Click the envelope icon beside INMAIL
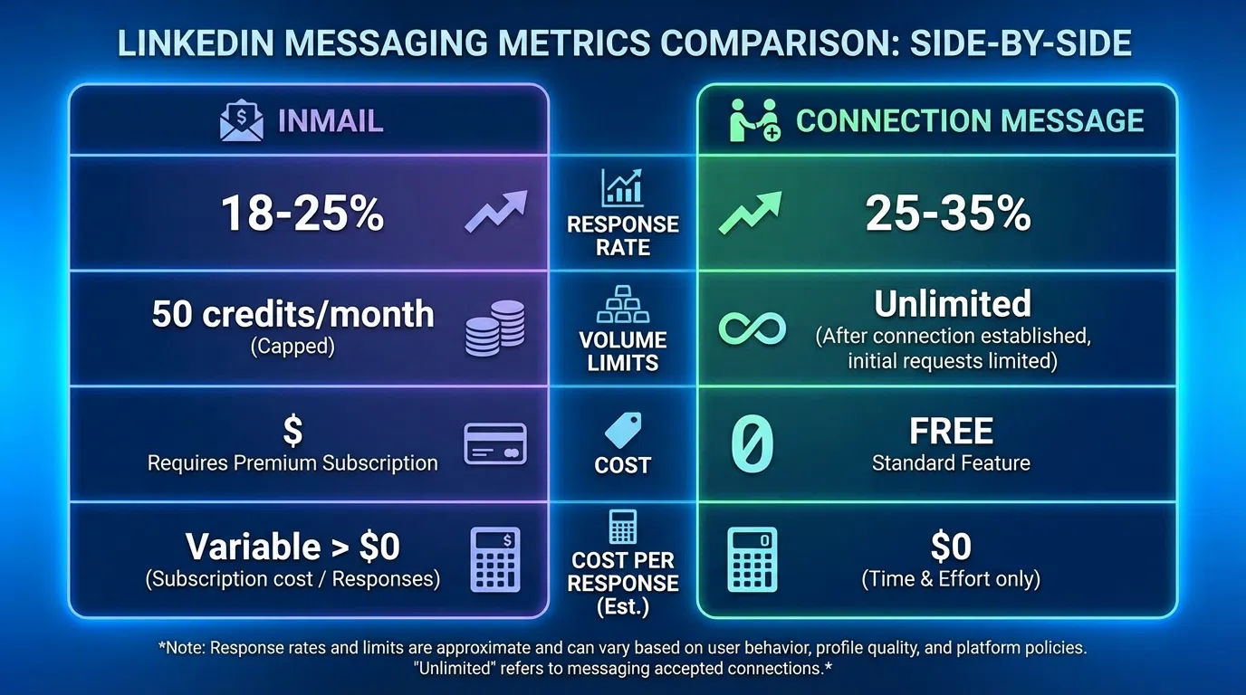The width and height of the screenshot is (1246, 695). pyautogui.click(x=242, y=121)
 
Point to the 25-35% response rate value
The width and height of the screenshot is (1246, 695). pyautogui.click(x=948, y=214)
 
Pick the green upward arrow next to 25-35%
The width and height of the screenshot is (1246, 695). pyautogui.click(x=748, y=213)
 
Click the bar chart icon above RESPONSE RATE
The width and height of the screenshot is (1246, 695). pyautogui.click(x=622, y=187)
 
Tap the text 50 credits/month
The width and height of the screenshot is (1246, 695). pyautogui.click(x=292, y=314)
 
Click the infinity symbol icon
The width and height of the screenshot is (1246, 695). pyautogui.click(x=752, y=328)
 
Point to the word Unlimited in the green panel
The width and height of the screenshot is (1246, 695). pyautogui.click(x=953, y=304)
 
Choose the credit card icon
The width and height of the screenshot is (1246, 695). pyautogui.click(x=494, y=443)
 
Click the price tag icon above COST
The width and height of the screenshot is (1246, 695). pyautogui.click(x=623, y=430)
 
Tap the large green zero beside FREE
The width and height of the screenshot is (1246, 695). pyautogui.click(x=752, y=443)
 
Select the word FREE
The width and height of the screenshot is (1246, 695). pyautogui.click(x=951, y=432)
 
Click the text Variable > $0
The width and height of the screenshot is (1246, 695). pyautogui.click(x=292, y=547)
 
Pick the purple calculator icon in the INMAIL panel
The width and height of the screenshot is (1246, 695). pyautogui.click(x=496, y=559)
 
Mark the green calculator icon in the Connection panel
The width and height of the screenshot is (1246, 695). pyautogui.click(x=752, y=559)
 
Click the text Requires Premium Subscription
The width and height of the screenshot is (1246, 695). pyautogui.click(x=292, y=463)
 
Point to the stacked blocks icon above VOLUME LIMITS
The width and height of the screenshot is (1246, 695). pyautogui.click(x=622, y=305)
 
